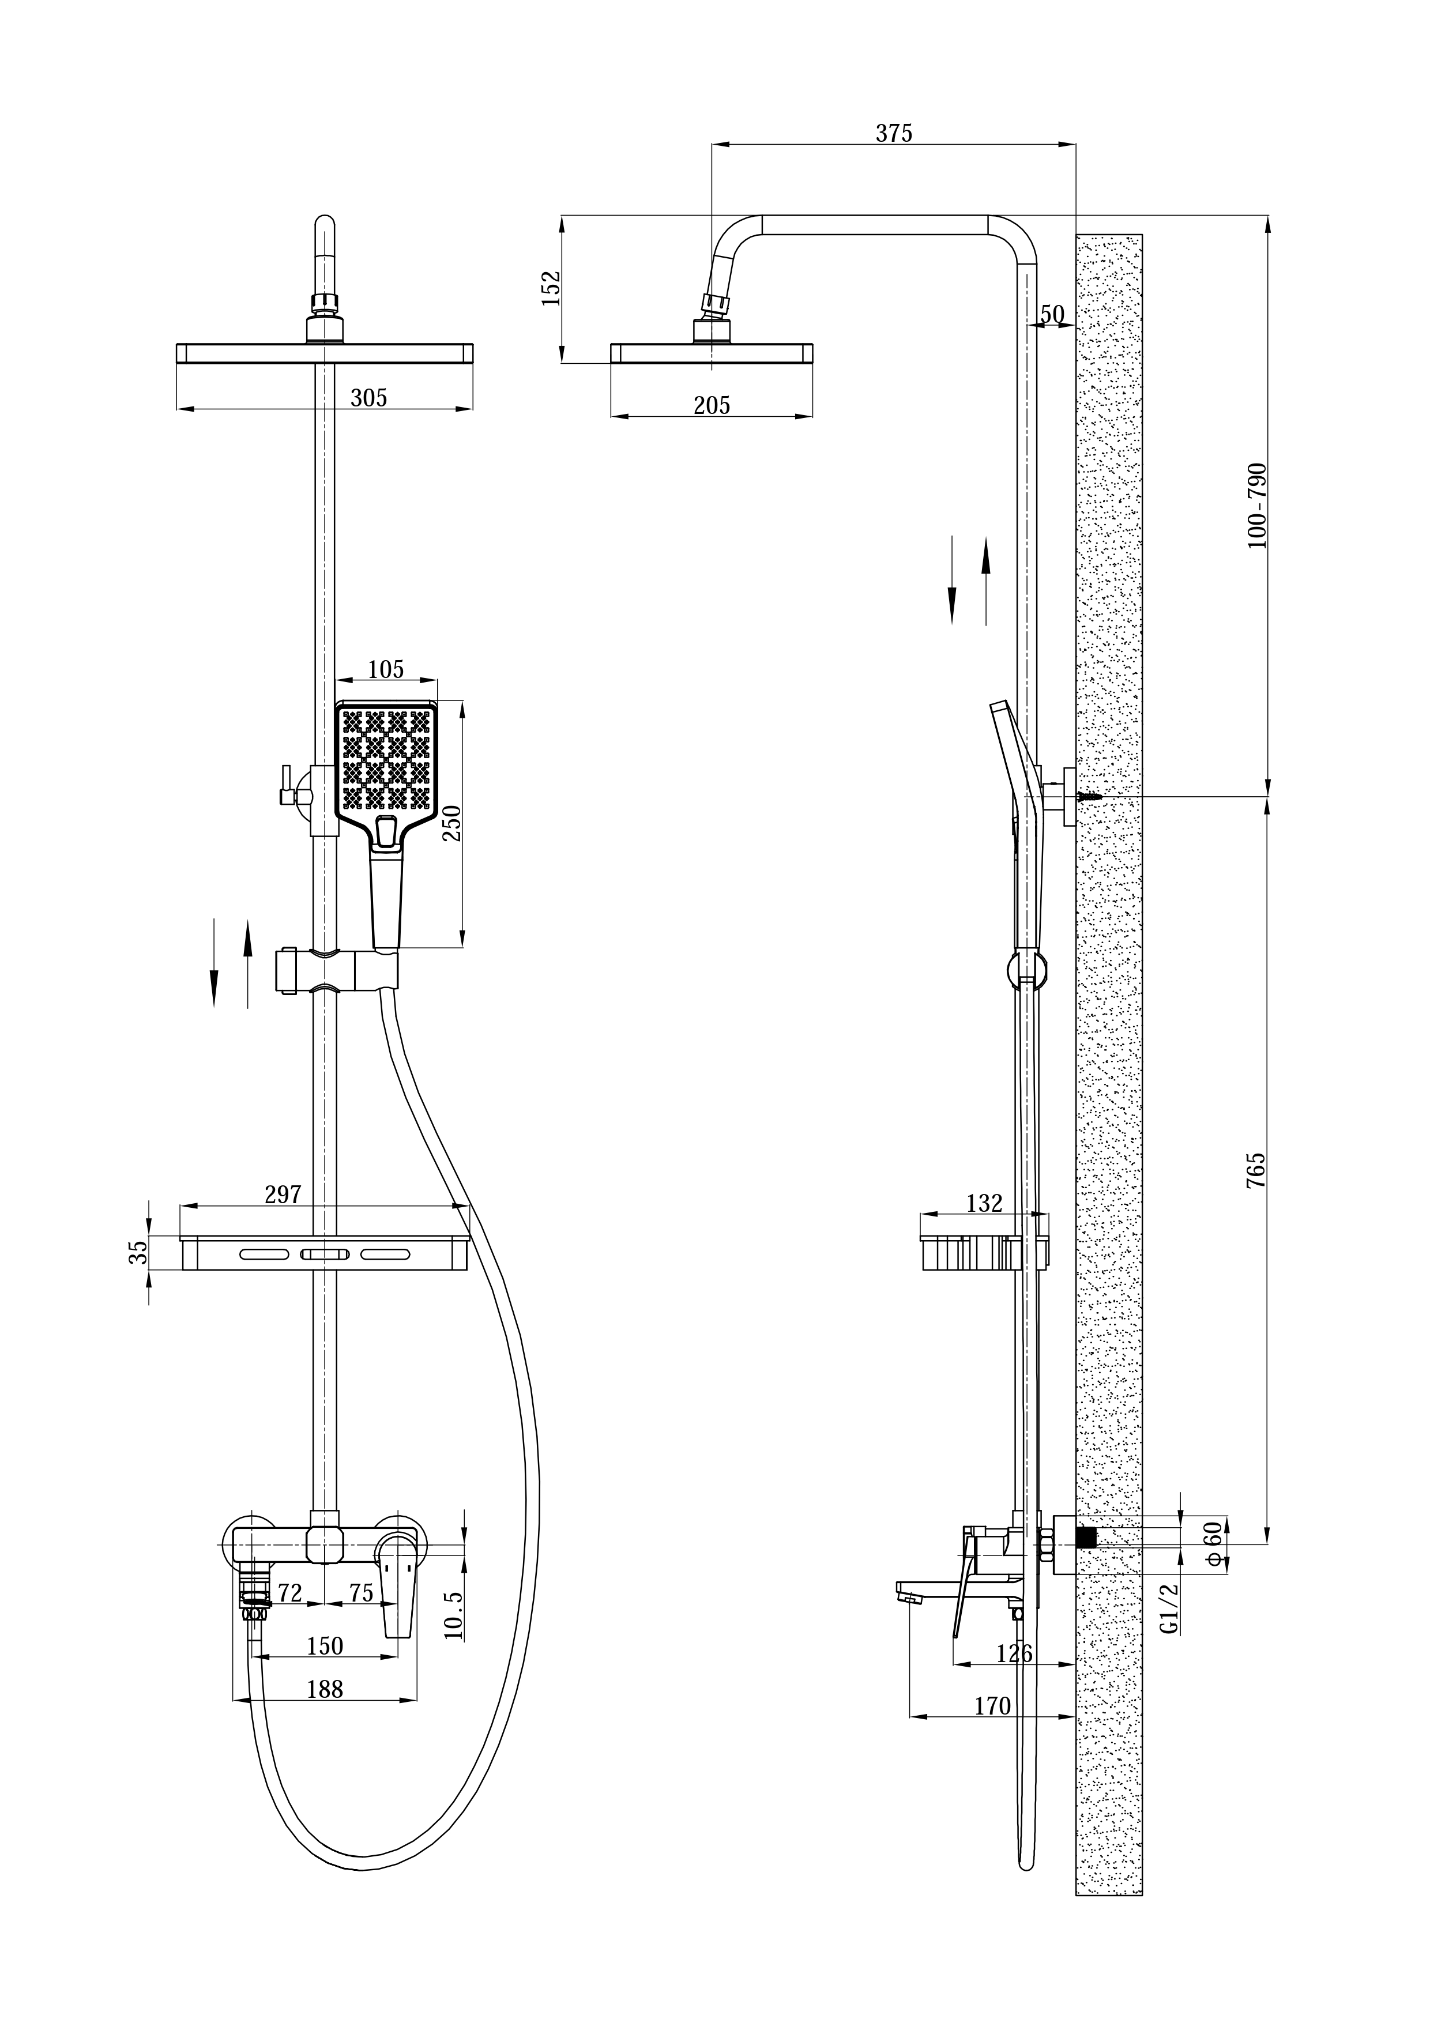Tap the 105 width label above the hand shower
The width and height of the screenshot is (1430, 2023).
click(385, 670)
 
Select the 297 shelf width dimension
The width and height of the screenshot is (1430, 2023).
click(283, 1195)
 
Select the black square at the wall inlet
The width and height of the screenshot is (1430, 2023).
click(1086, 1538)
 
